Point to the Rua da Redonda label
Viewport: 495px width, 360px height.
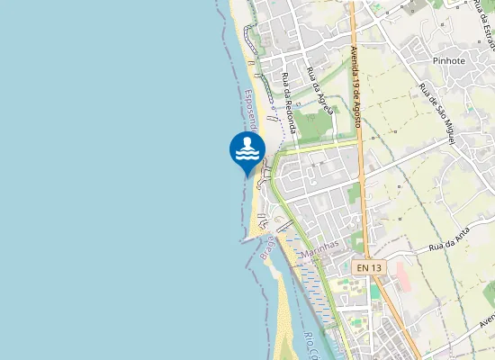coord(291,103)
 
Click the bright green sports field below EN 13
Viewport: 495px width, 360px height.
coord(374,292)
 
